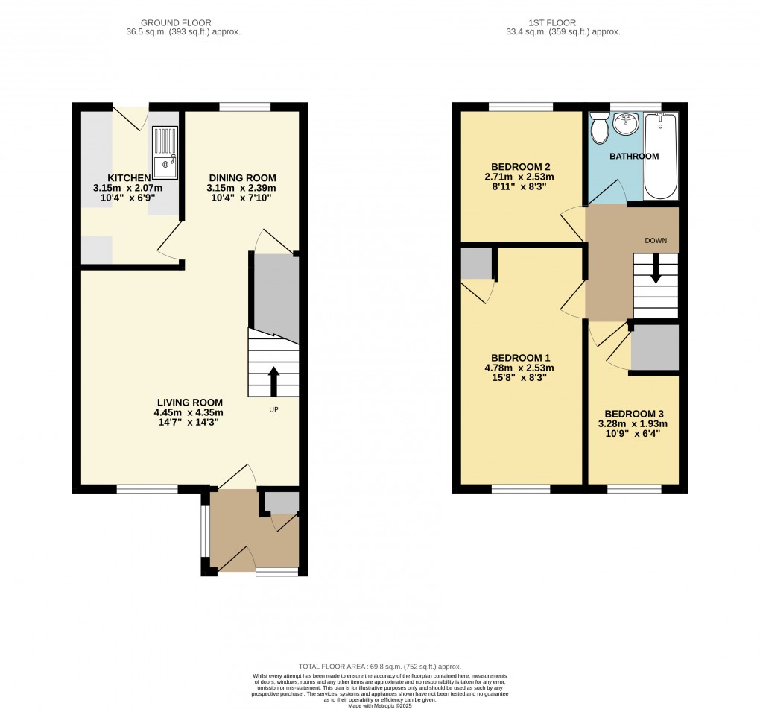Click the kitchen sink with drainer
(x=165, y=152)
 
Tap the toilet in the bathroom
(x=600, y=127)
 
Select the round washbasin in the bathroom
(x=626, y=124)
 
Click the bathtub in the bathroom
(x=661, y=156)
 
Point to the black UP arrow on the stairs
(x=273, y=381)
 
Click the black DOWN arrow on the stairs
(x=655, y=268)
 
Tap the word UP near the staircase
(x=274, y=410)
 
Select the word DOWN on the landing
(x=656, y=241)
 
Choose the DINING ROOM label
(x=242, y=178)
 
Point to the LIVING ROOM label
(x=190, y=403)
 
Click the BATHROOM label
(x=634, y=156)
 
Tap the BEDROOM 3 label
(x=634, y=415)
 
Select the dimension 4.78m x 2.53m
(x=519, y=368)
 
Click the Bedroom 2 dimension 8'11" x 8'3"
(x=519, y=186)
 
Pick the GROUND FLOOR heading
(x=176, y=23)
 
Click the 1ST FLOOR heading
(x=552, y=23)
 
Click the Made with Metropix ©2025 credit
(x=380, y=705)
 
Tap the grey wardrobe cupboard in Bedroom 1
(x=476, y=264)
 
